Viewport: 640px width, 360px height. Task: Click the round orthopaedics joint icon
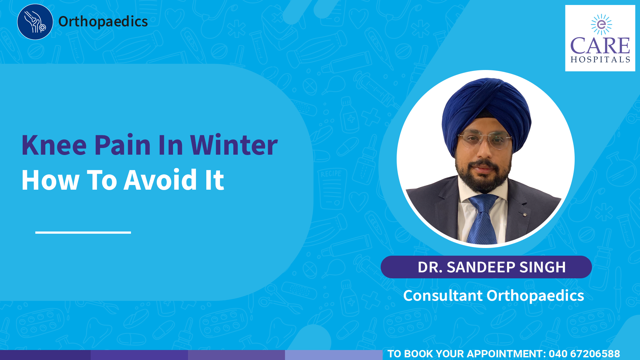click(x=35, y=22)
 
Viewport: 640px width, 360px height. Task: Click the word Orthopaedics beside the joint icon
click(x=103, y=22)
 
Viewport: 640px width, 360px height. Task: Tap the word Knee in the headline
click(x=54, y=145)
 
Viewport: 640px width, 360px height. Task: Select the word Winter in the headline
click(x=234, y=145)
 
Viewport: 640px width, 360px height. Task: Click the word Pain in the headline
click(x=123, y=145)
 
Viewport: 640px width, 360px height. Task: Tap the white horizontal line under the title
click(x=83, y=232)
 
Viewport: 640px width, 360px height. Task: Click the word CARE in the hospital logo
click(x=600, y=46)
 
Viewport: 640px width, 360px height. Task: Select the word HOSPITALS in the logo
click(x=600, y=60)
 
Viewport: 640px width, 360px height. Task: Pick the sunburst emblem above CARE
click(x=601, y=24)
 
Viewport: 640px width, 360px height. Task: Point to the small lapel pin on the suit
click(x=525, y=214)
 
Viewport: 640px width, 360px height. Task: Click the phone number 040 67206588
click(x=584, y=354)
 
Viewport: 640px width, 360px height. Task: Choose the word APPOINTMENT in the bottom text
click(x=504, y=354)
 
